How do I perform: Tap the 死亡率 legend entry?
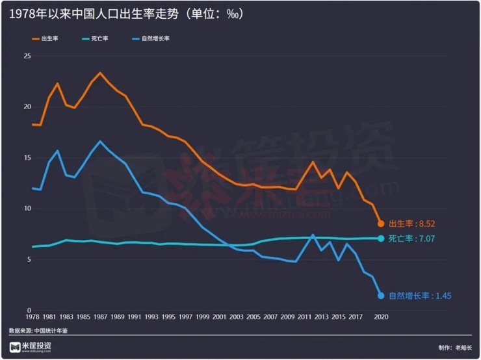[96, 39]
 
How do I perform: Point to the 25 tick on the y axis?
[27, 57]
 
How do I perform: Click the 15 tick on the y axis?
[27, 158]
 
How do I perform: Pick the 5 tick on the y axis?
[28, 259]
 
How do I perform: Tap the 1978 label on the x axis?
[32, 317]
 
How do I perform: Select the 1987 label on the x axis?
[100, 317]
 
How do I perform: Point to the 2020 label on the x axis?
[381, 317]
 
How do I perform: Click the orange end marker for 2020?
[381, 224]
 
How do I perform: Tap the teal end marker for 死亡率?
[381, 238]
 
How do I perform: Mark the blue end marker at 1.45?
[381, 296]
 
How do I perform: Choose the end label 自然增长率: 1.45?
[419, 296]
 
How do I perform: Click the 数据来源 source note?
[38, 331]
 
